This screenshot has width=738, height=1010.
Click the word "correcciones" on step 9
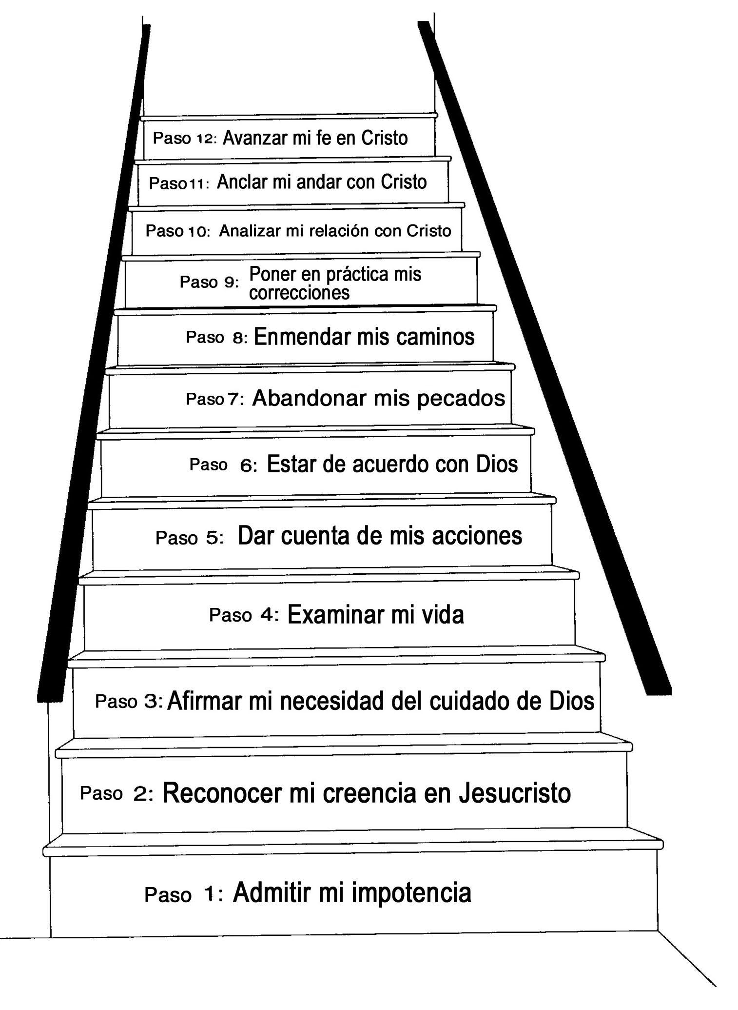tap(299, 293)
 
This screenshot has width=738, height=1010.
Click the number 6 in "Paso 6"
tap(247, 465)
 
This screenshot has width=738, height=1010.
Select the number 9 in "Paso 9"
tap(229, 283)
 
